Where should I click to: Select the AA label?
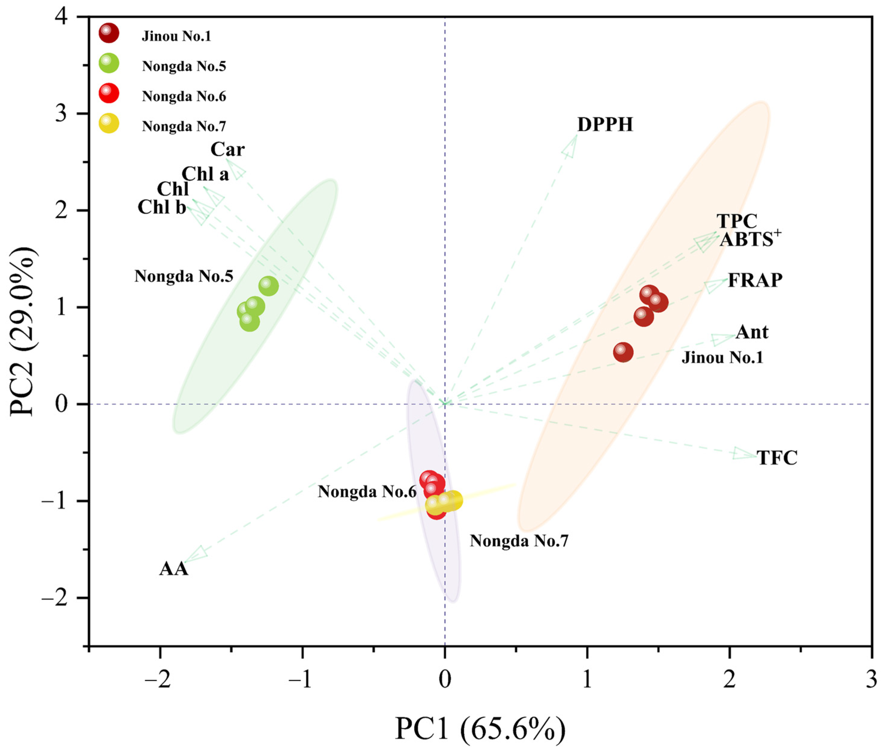[x=174, y=569]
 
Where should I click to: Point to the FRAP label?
[x=755, y=280]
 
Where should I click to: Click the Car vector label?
[x=227, y=149]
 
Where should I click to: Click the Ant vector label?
[x=752, y=332]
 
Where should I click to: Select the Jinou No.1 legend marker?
[x=109, y=33]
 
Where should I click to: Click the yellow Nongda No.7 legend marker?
[x=109, y=123]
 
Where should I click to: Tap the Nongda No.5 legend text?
[x=184, y=66]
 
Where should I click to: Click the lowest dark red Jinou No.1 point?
[x=623, y=352]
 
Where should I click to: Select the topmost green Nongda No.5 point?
[x=268, y=286]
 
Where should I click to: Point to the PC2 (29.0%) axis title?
[x=23, y=331]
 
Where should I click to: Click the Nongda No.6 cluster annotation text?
[x=367, y=492]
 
